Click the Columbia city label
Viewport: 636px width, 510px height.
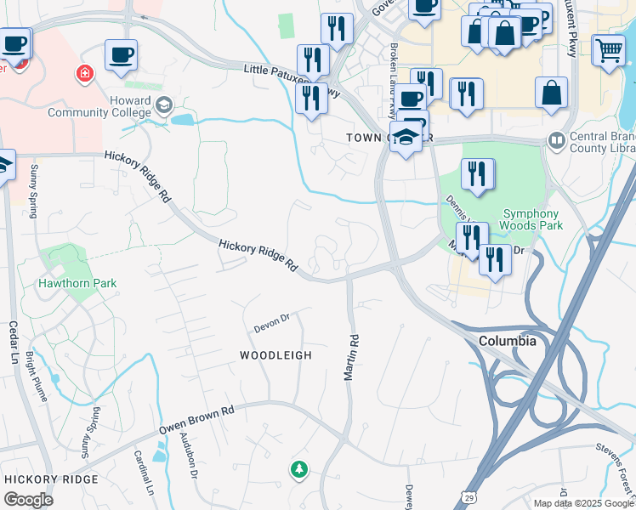(x=508, y=341)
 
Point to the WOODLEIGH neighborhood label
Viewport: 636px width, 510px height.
(x=275, y=355)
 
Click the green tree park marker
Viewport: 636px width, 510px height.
(x=298, y=468)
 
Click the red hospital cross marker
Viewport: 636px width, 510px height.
(x=84, y=74)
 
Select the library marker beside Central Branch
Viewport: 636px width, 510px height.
(x=557, y=139)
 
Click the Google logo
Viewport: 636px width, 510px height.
(x=28, y=499)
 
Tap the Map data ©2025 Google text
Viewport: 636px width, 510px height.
(x=582, y=503)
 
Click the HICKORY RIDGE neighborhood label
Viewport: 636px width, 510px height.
(x=51, y=479)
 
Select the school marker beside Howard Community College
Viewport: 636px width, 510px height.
(x=164, y=106)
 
